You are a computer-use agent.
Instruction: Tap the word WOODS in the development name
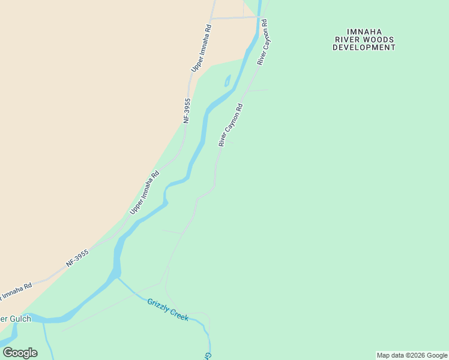point(380,40)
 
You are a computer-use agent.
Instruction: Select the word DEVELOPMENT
point(364,47)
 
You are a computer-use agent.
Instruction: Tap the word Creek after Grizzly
point(179,314)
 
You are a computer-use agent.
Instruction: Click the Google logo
point(20,353)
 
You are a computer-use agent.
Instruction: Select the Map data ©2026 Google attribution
point(412,355)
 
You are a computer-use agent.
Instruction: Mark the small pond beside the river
point(227,81)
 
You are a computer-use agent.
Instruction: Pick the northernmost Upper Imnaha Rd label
point(202,48)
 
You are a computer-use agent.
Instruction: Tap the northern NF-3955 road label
point(187,111)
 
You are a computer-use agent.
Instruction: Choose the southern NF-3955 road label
point(77,258)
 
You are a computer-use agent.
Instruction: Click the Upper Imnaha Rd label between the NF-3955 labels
point(145,193)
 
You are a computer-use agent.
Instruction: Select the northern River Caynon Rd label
point(262,42)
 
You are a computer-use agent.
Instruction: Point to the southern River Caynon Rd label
point(231,125)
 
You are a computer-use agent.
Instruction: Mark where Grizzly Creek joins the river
point(118,277)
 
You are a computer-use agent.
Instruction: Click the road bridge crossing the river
point(259,17)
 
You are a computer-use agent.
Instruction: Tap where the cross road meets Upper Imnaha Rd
point(211,18)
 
